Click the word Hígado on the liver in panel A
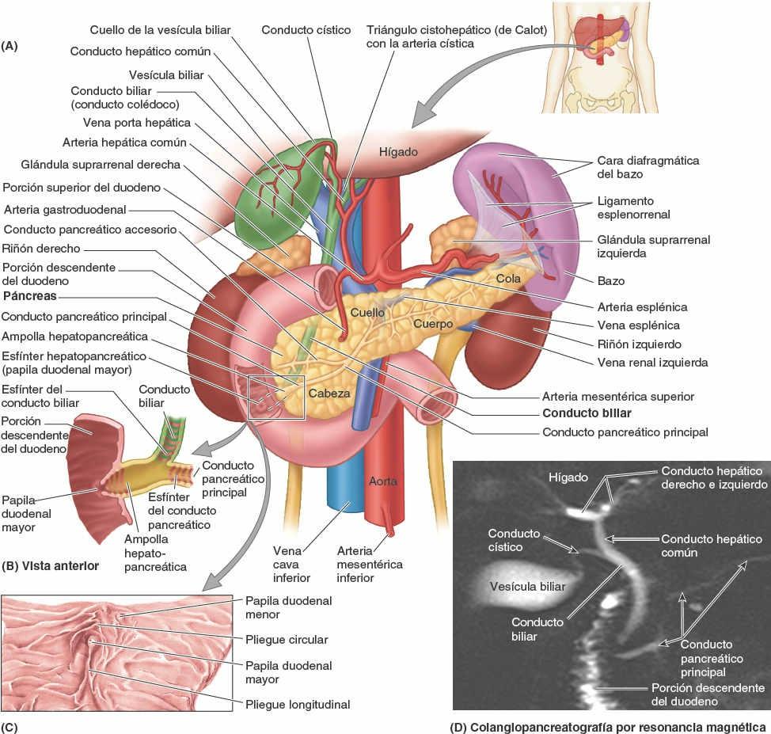tap(397, 151)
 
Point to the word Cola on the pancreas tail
tap(508, 279)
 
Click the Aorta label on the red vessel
tap(383, 481)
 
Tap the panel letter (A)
tap(9, 46)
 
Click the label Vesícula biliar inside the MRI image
tap(527, 587)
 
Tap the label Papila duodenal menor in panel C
tap(288, 607)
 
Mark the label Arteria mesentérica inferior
tap(369, 564)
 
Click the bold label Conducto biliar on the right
tap(587, 413)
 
